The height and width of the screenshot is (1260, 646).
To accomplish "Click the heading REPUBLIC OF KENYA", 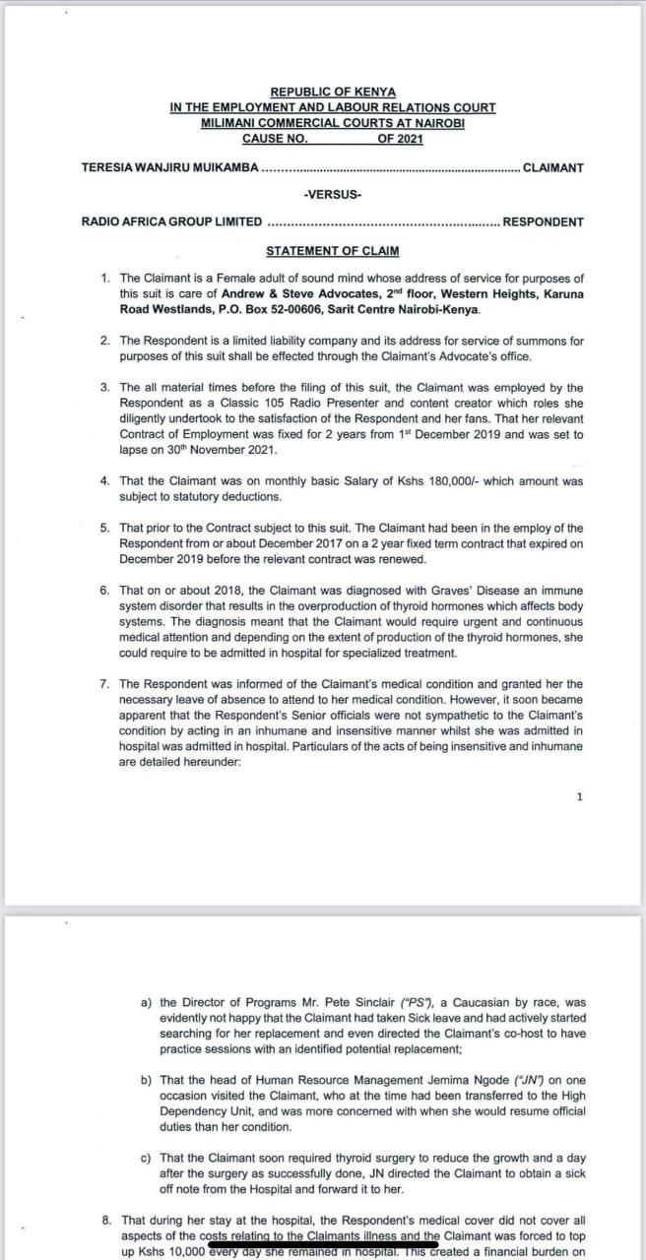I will [332, 93].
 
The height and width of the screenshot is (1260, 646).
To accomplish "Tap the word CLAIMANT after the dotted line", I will [552, 167].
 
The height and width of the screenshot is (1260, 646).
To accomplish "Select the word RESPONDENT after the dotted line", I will [543, 221].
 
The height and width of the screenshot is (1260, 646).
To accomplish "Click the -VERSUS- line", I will [332, 194].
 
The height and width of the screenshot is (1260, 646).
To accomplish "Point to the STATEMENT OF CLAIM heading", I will [332, 251].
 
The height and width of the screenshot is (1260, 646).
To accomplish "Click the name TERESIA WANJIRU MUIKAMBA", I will [169, 167].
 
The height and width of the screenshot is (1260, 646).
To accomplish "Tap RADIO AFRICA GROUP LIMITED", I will [171, 221].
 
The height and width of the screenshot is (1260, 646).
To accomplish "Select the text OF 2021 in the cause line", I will [399, 139].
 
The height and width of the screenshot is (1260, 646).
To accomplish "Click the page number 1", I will [580, 796].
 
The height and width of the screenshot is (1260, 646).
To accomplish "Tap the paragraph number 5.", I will [104, 529].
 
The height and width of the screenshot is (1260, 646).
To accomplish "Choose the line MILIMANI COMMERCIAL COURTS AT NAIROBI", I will [332, 123].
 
